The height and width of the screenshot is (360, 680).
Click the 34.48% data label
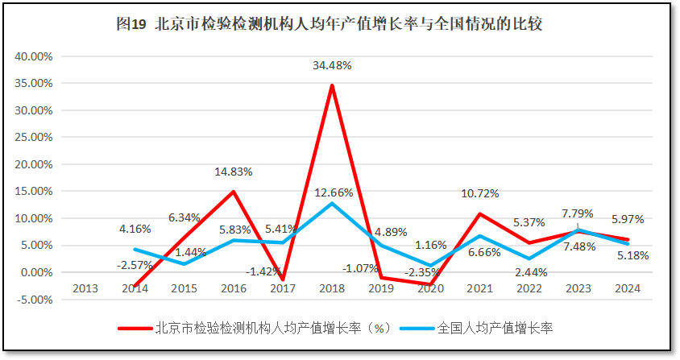point(332,65)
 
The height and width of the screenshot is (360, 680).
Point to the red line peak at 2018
point(332,85)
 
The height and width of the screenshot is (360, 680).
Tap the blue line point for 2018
point(332,203)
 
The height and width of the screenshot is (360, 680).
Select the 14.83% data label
point(234,172)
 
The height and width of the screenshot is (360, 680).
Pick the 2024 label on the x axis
point(628,288)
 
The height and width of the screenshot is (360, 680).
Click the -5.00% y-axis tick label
point(34,300)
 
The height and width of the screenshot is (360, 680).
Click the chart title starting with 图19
point(330,24)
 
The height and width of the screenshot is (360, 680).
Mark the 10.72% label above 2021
point(480,193)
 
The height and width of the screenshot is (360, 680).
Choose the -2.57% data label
point(135,265)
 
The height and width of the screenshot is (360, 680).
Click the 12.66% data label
point(332,192)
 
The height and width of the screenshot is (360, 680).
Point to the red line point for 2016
point(234,192)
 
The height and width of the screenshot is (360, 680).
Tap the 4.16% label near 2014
point(135,229)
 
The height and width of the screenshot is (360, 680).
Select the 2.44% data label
point(530,272)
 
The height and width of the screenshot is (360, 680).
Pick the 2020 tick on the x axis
point(431,288)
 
